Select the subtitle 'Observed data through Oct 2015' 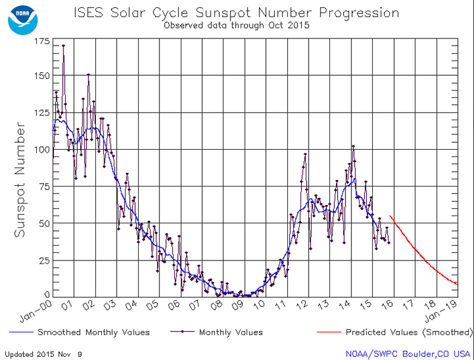[x=236, y=25]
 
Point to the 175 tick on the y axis [x=41, y=41]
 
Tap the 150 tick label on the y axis [x=41, y=76]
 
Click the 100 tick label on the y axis [x=41, y=149]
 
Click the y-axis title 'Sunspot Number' [x=20, y=181]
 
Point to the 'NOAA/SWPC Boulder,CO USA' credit [x=407, y=354]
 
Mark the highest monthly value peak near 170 [x=63, y=46]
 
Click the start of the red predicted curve [x=390, y=216]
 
